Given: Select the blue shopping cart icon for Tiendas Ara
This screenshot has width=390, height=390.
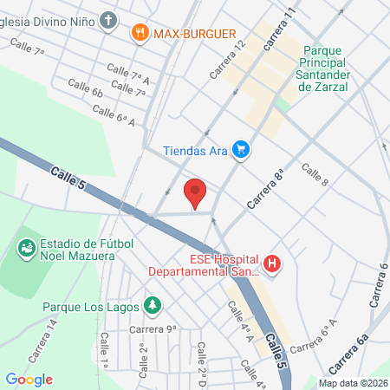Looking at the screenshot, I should (x=241, y=151).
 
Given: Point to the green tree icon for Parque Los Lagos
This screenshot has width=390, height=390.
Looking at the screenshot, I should (x=153, y=305).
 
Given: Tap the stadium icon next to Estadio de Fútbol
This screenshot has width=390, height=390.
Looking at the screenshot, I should (x=26, y=249).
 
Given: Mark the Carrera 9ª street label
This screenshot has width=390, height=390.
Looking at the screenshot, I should (x=153, y=328).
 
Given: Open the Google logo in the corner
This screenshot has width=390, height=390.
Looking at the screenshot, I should (x=29, y=379).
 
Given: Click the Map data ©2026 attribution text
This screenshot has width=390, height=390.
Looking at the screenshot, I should (x=352, y=383).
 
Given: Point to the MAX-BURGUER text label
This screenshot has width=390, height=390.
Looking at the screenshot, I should (x=196, y=33).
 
